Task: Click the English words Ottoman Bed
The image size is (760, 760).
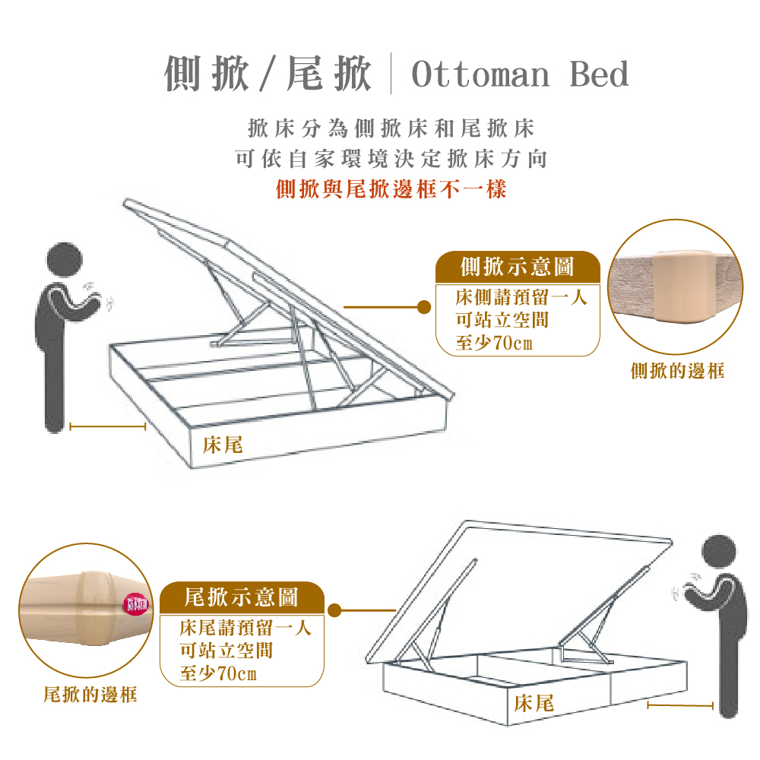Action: (x=520, y=75)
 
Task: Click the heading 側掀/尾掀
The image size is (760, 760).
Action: (x=268, y=74)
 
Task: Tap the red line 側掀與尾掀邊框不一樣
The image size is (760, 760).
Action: (x=391, y=188)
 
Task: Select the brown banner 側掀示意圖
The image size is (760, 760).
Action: (x=518, y=267)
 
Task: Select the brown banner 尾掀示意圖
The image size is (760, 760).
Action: (x=242, y=598)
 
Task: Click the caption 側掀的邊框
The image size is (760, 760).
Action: (x=677, y=371)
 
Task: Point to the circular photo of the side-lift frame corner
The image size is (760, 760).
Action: (x=676, y=287)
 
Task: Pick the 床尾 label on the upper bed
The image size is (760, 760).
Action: (x=223, y=445)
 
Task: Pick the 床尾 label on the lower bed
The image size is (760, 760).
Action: (x=534, y=703)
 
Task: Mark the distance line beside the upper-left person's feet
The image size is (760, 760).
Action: (x=107, y=427)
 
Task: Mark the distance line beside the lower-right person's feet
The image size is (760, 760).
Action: (x=680, y=706)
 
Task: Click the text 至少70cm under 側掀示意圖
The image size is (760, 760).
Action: (x=494, y=344)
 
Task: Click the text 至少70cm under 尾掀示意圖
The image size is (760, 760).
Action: (x=218, y=674)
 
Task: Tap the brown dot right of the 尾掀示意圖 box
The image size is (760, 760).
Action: (x=333, y=610)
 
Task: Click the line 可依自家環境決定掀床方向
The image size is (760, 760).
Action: (x=391, y=159)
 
